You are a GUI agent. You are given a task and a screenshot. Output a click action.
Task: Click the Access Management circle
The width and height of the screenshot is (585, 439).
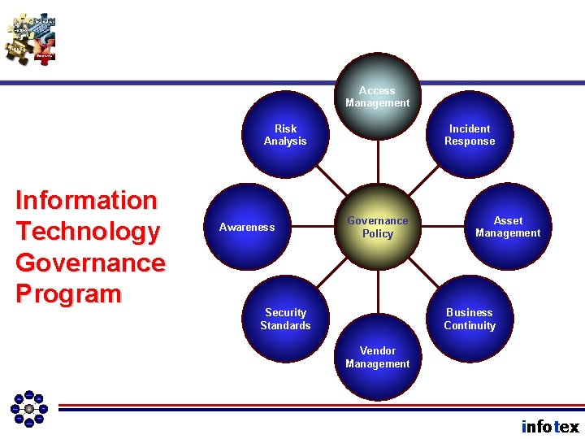377,96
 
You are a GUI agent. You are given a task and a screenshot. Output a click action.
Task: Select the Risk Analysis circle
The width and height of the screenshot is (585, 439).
285,135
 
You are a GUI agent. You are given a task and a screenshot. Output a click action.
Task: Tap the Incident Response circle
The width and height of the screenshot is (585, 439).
470,135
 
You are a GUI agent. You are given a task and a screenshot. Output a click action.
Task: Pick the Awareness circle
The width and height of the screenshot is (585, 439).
247,227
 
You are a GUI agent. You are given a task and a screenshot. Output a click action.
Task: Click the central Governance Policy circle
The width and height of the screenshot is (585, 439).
377,227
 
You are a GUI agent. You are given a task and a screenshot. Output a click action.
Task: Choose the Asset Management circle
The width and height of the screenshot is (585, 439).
508,227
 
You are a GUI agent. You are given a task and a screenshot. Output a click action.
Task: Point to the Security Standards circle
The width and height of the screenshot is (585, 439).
285,319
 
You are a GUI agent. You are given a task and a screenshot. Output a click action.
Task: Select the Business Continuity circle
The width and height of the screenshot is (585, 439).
470,319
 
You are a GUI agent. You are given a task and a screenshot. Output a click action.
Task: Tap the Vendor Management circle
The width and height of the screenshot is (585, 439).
377,358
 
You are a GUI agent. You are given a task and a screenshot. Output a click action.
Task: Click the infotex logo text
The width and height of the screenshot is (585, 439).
550,426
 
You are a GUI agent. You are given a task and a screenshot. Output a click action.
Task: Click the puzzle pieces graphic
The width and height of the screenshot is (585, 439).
30,38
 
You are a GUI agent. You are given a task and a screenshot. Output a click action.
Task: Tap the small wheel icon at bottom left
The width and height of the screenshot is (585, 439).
28,408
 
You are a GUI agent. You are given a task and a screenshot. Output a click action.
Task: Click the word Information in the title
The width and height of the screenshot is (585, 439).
86,200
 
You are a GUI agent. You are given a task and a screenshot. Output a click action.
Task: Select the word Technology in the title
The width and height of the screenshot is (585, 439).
88,232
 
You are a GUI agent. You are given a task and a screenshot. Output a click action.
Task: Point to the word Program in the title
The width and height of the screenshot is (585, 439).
68,293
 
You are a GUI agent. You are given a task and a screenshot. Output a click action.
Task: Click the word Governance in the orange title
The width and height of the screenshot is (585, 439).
90,263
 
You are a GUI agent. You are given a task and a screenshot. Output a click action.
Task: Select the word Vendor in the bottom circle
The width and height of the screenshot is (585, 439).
377,351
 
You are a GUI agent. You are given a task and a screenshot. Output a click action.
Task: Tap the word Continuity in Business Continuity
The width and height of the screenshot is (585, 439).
470,325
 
